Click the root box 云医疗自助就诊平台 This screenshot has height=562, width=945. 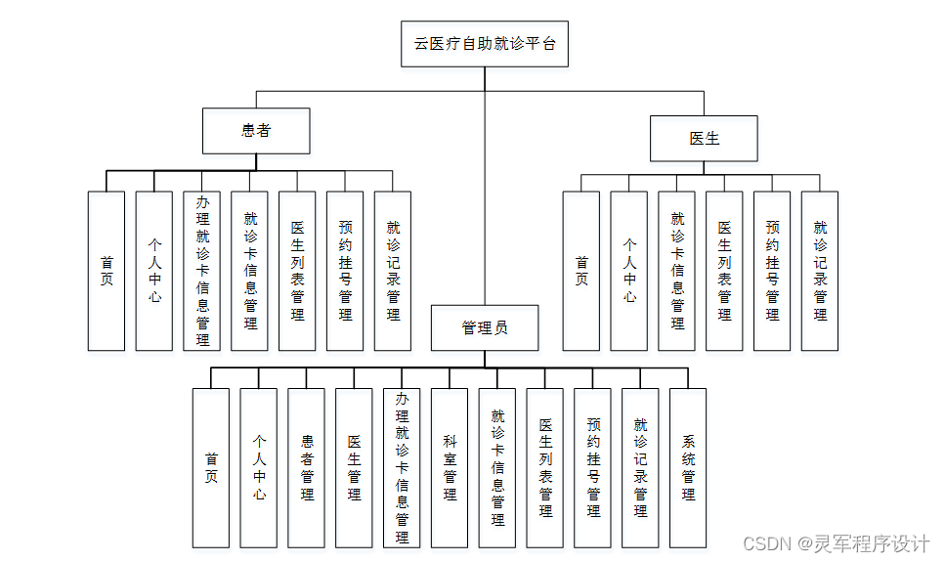pos(485,43)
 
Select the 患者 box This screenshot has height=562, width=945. pos(256,131)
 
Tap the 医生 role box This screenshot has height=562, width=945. pos(704,138)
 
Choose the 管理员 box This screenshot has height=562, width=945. pos(485,327)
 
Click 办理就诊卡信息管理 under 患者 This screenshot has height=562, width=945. pos(202,271)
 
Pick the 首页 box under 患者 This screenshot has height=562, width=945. pos(107,271)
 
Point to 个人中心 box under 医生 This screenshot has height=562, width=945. pos(629,271)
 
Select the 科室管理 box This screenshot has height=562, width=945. pos(450,467)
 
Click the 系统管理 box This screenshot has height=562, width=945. pos(688,467)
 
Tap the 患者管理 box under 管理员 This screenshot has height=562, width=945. pos(307,467)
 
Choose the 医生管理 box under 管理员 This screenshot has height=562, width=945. pos(354,467)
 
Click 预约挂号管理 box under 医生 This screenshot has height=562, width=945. pos(772,271)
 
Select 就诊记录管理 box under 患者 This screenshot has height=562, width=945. pos(393,271)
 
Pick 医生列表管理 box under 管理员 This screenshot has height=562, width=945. pos(544,467)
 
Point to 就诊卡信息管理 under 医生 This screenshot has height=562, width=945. pos(677,271)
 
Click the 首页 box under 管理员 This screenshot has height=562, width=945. pos(211,467)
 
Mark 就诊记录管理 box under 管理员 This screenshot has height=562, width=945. pos(640,467)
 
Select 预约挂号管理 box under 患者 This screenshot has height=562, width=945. pos(345,271)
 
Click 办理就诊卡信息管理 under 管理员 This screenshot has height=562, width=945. pos(402,467)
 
